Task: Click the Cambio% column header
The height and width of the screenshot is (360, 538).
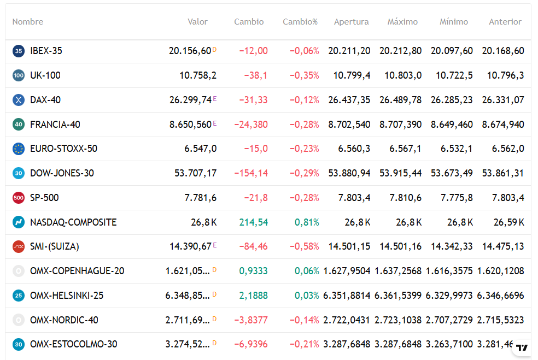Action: click(x=300, y=22)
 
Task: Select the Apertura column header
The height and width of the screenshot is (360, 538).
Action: click(x=352, y=22)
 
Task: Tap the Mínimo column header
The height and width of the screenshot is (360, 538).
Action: click(x=454, y=22)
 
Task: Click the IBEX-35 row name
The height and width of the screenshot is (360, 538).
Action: click(x=46, y=51)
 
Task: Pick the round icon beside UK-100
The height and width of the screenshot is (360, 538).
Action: click(x=19, y=75)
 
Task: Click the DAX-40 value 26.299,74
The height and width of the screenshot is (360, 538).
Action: click(x=190, y=100)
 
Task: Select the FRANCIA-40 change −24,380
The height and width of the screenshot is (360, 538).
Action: click(x=251, y=125)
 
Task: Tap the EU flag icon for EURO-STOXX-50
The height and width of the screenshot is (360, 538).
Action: click(x=19, y=149)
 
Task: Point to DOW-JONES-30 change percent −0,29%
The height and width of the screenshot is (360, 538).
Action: click(x=305, y=173)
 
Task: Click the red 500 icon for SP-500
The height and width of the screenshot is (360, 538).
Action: click(x=19, y=198)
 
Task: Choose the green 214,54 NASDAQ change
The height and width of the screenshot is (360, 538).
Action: click(x=254, y=222)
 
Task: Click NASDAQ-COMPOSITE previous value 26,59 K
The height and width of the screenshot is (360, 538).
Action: click(x=509, y=222)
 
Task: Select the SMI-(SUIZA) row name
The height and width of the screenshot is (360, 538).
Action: click(x=55, y=246)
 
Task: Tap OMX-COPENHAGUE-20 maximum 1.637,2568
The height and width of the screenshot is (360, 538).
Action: click(x=398, y=271)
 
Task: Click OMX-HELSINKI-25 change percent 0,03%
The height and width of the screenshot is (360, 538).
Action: click(x=307, y=296)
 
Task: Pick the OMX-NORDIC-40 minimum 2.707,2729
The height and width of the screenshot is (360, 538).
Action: click(x=449, y=320)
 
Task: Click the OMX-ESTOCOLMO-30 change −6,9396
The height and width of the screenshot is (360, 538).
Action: click(x=251, y=344)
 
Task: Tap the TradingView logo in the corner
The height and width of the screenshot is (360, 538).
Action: click(x=522, y=347)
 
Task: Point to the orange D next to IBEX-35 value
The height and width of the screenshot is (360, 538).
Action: click(x=214, y=50)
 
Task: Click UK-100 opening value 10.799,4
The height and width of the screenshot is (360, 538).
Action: click(x=352, y=75)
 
